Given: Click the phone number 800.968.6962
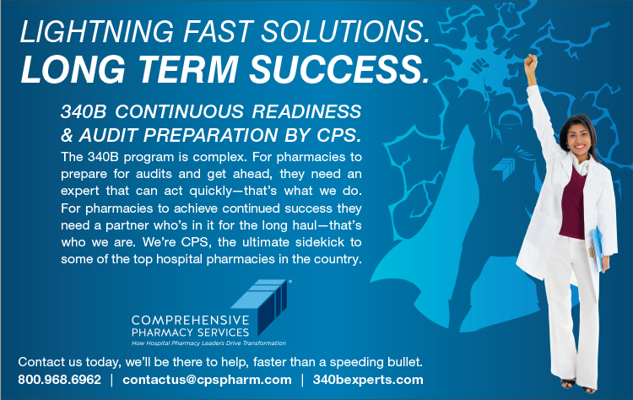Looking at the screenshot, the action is click(x=59, y=380).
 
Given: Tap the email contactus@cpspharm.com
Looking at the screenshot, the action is click(x=207, y=380).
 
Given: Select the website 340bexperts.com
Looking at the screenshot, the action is click(x=368, y=380).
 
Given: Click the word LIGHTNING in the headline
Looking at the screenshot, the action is click(x=97, y=31).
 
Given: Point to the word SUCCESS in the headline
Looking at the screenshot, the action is click(x=339, y=69).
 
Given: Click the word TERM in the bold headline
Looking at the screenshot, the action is click(x=188, y=69).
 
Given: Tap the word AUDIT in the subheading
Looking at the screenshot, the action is click(x=108, y=135).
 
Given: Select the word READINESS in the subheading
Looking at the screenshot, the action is click(x=307, y=111).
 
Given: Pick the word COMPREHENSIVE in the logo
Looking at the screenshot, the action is click(x=191, y=321).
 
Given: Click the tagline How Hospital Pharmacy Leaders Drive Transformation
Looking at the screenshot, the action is click(x=208, y=343).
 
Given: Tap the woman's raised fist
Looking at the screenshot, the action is click(x=531, y=63).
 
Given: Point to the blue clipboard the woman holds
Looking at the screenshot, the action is click(x=596, y=247).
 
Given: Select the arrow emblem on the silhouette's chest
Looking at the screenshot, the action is click(x=505, y=167).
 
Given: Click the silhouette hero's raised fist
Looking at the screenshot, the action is click(x=479, y=65).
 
